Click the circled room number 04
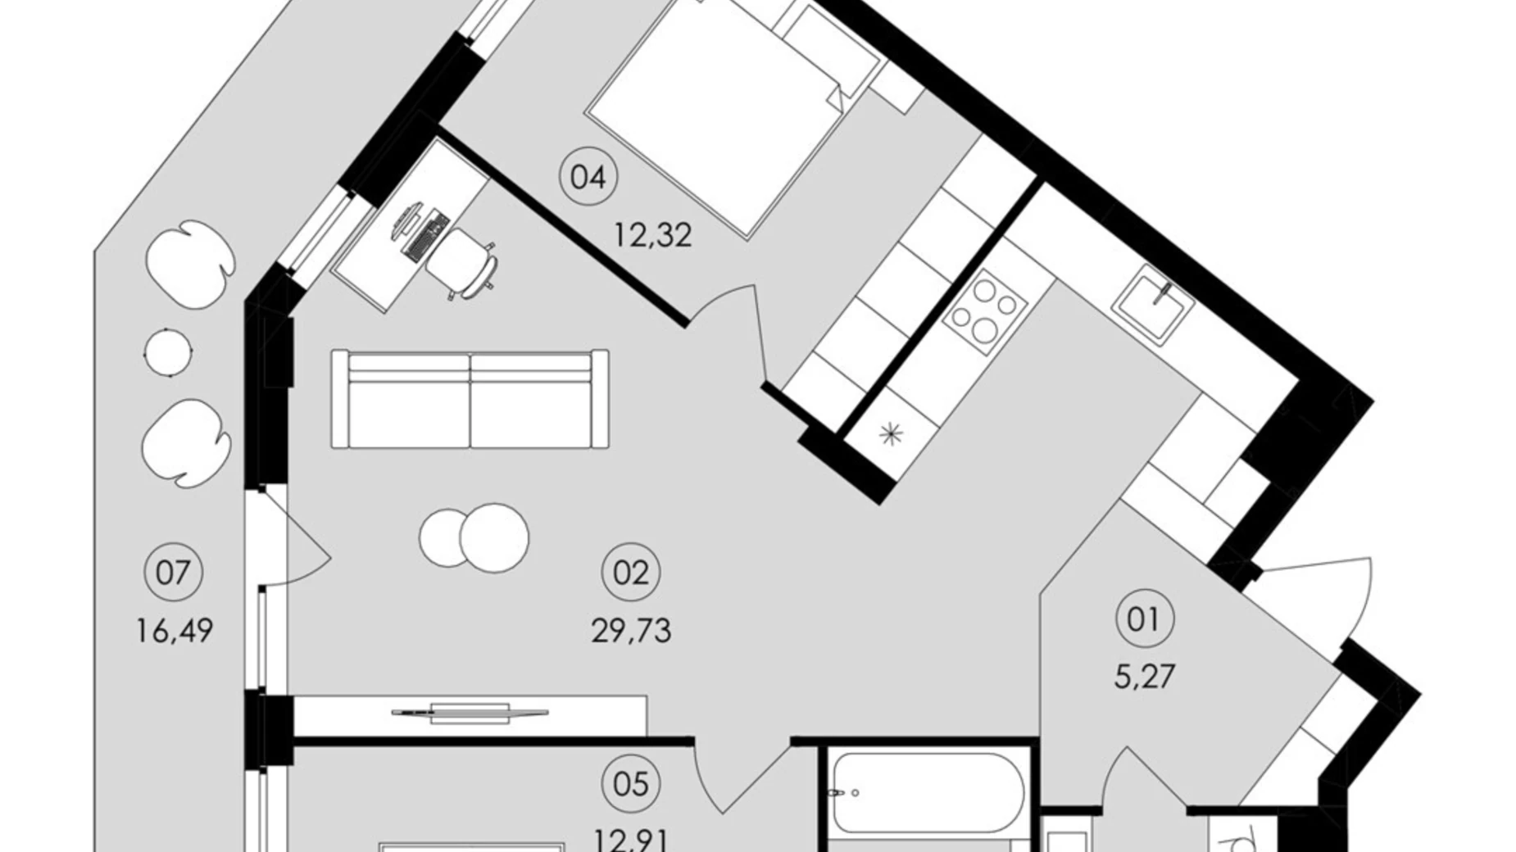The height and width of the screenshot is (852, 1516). pos(588,177)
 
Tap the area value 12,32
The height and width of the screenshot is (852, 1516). pos(653,236)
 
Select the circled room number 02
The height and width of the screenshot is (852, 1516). pos(631,573)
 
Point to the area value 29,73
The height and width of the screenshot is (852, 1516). pos(631,631)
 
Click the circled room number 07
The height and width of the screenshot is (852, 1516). pos(173,573)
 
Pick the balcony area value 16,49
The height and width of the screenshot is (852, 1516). pos(174,631)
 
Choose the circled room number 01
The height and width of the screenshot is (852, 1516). pos(1145,619)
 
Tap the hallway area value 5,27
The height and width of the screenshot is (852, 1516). pos(1145,677)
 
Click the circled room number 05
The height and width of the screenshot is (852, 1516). pos(631,784)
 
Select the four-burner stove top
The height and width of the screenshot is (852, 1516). pos(986,311)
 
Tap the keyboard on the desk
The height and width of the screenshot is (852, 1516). pos(427,238)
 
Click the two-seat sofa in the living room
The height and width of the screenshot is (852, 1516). pos(470,400)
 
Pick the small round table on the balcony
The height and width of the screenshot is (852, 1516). pos(168,352)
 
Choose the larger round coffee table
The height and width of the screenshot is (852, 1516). pos(494,537)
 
